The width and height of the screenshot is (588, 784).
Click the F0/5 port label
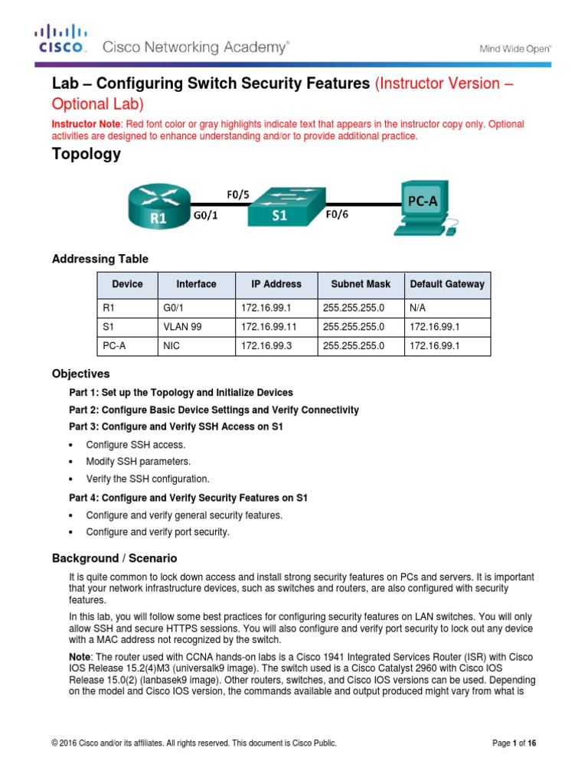click(x=237, y=194)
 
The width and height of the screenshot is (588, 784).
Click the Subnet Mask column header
click(x=360, y=284)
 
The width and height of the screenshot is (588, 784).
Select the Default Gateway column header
click(x=447, y=284)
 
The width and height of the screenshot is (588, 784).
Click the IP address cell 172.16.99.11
click(x=267, y=327)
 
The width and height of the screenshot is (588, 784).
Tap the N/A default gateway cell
click(x=419, y=308)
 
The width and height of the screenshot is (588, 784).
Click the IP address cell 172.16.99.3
click(x=265, y=346)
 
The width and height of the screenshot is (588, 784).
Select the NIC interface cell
click(x=171, y=346)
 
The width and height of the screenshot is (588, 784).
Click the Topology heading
click(x=86, y=154)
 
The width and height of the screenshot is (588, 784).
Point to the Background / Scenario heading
click(x=114, y=558)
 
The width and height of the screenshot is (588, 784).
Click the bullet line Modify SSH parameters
click(x=138, y=462)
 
